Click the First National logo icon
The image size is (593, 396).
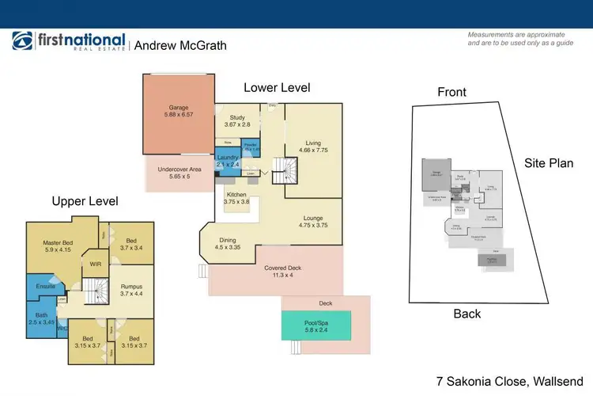(x=22, y=41)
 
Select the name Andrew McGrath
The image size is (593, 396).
(x=180, y=45)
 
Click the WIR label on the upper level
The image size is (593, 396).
(x=96, y=265)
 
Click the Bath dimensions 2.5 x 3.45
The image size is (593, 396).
(x=41, y=322)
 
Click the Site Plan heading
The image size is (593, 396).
(x=549, y=163)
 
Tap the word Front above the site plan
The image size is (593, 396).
(x=451, y=92)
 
